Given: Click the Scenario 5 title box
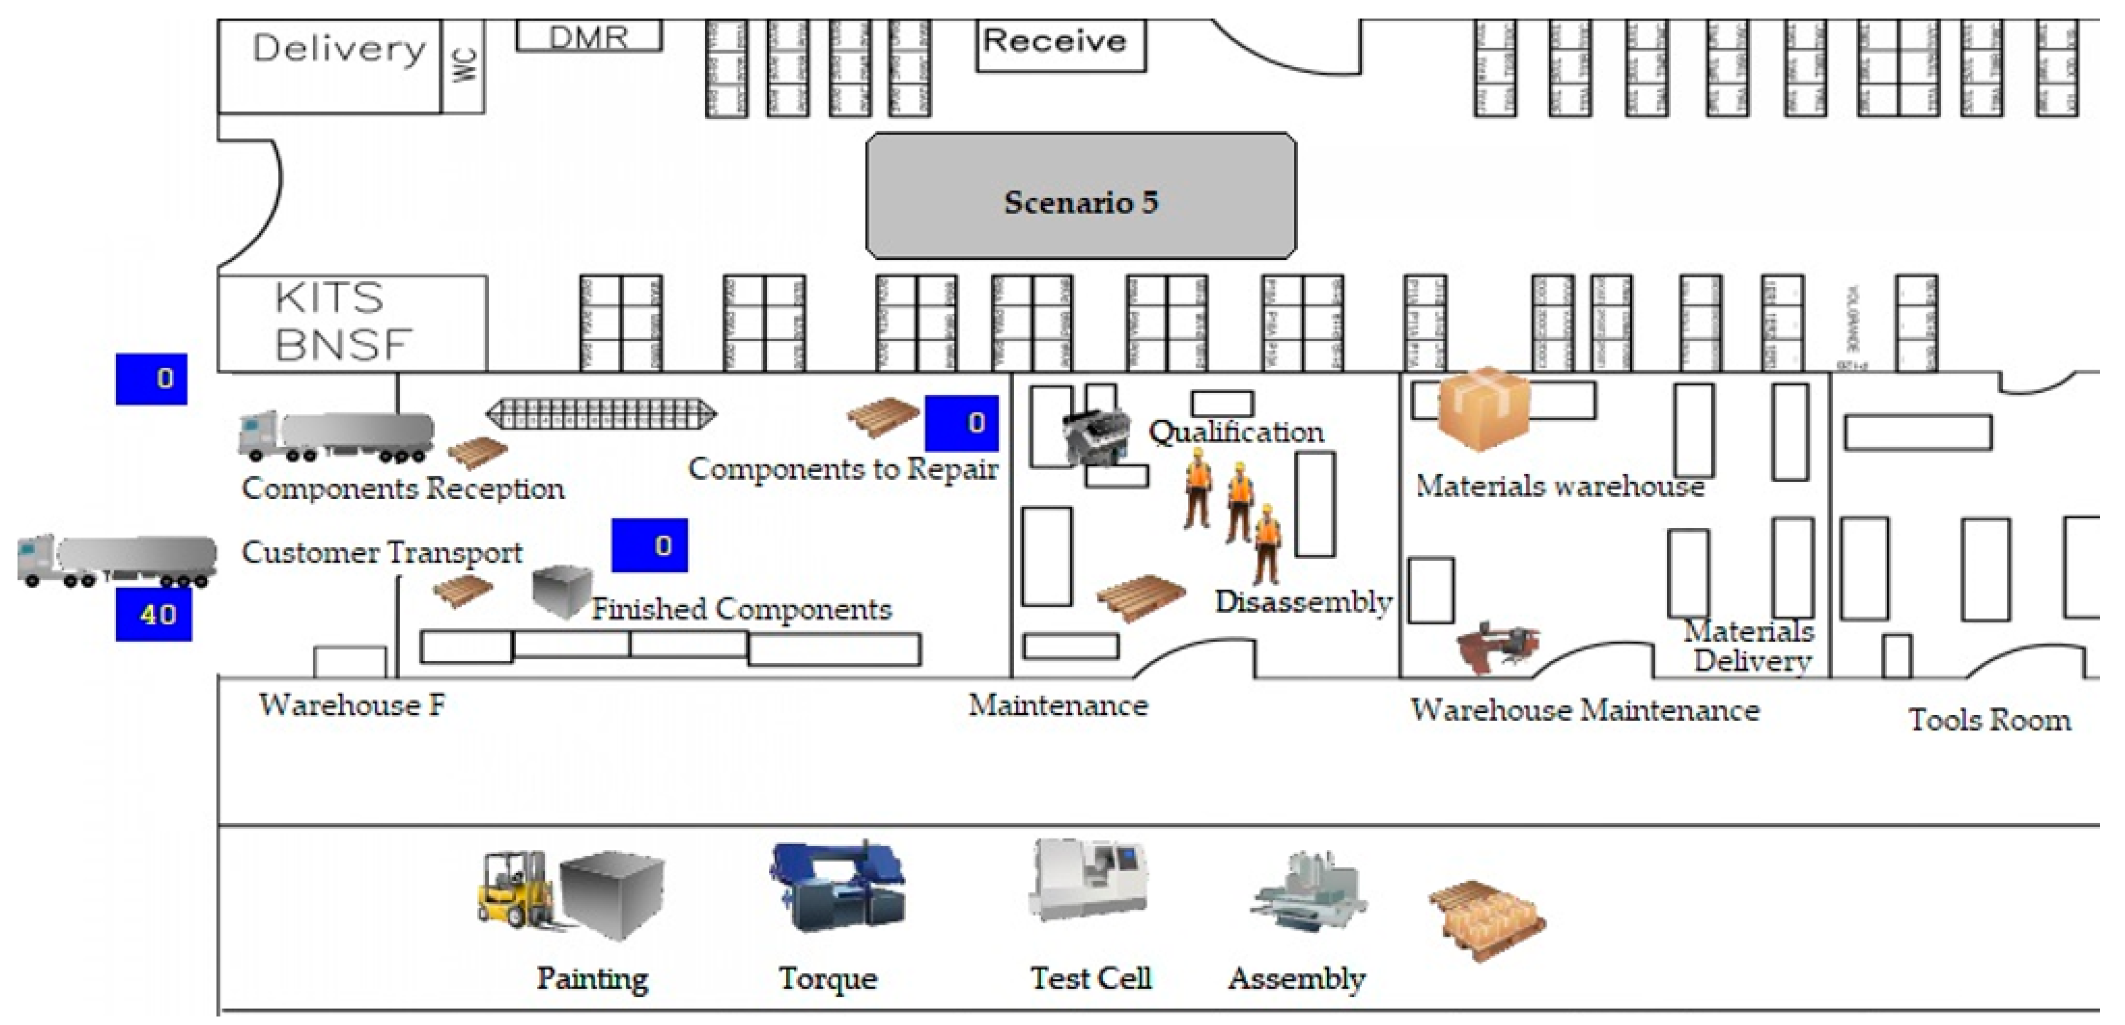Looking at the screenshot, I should coord(1081,195).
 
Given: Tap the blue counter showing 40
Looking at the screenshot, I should coord(154,614).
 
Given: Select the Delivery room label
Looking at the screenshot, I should coord(338,50).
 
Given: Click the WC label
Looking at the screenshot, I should coord(464,64).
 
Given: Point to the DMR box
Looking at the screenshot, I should coord(589,36).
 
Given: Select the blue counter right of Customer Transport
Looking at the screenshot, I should coord(649,545).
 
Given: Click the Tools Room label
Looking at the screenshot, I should coord(1989,720).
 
